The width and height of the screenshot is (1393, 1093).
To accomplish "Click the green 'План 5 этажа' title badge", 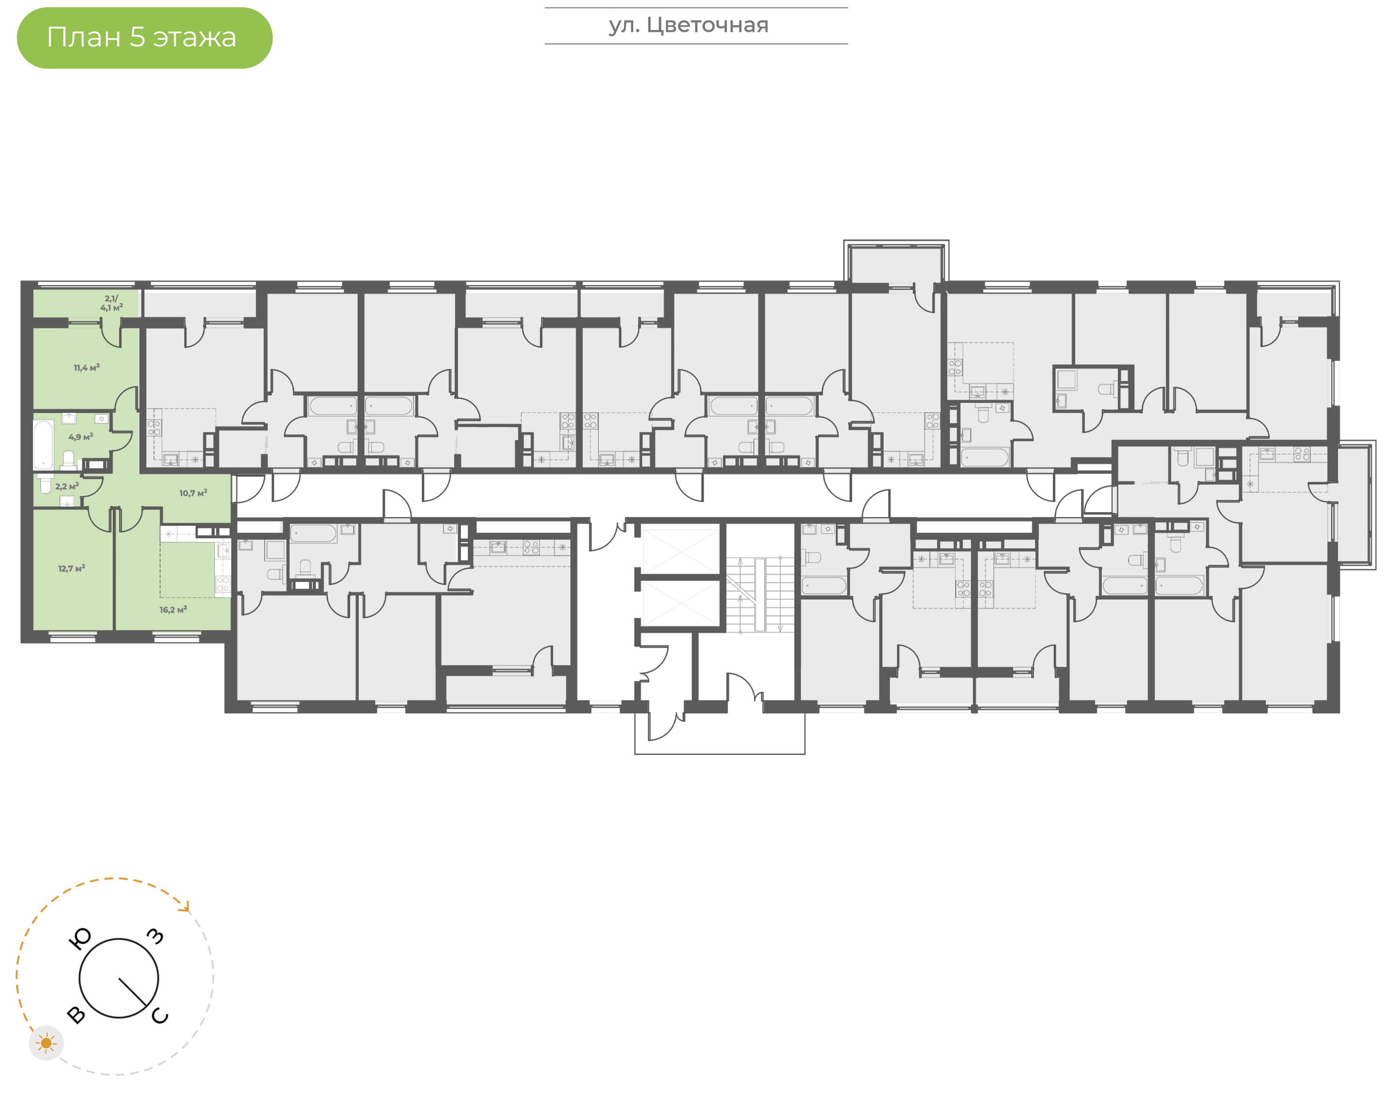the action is (x=145, y=38).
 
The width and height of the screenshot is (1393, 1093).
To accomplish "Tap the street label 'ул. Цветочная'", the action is (x=688, y=26).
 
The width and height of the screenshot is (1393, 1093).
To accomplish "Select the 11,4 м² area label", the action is (x=87, y=368).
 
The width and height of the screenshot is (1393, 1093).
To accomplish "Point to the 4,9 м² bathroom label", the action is (x=81, y=437).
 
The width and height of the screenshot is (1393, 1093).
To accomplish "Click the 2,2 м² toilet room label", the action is (x=67, y=487).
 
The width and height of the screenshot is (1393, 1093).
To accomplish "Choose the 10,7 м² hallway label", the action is (x=193, y=493).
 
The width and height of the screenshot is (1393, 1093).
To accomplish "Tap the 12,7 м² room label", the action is (x=71, y=568).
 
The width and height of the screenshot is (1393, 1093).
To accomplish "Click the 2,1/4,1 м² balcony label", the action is (x=111, y=303).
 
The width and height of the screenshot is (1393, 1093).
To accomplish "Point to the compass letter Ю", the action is (x=80, y=939).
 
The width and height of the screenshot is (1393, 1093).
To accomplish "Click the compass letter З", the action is (x=155, y=936).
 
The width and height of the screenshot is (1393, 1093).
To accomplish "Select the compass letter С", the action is (x=159, y=1016).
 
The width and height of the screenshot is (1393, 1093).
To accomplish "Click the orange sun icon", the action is (x=46, y=1043).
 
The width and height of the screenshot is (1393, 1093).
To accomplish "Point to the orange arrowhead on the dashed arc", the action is (x=186, y=906).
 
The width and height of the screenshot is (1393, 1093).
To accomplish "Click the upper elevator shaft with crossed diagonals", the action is (x=681, y=551).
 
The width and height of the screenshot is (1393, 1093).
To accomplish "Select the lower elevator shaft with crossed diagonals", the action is (x=681, y=604).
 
